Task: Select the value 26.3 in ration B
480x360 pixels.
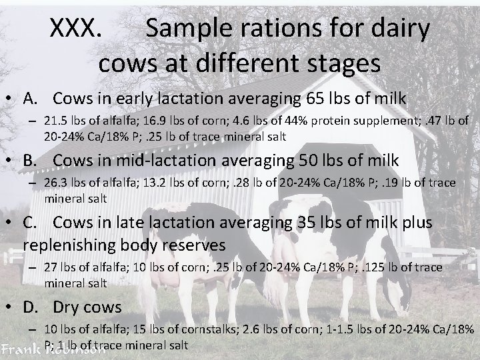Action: tap(54, 183)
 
